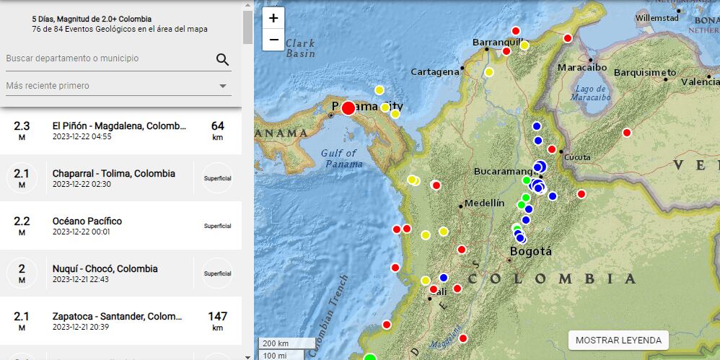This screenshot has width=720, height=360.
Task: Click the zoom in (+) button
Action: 273,18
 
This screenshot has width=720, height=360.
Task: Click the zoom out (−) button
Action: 273,40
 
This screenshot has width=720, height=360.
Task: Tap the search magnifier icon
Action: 222,59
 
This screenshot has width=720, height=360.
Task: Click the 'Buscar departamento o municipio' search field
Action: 108,58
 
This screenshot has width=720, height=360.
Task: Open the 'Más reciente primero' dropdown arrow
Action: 222,87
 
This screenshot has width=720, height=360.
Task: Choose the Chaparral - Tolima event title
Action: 113,173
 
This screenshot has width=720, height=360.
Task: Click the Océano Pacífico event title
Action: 87,221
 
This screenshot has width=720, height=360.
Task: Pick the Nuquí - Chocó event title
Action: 105,268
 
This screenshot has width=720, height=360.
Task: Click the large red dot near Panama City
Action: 348,108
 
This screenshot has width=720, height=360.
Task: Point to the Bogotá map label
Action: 530,252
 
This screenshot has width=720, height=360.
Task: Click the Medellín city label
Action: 484,203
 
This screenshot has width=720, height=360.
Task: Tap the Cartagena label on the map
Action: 434,71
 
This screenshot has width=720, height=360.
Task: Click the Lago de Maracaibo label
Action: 590,92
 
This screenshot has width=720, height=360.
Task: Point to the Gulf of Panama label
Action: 339,158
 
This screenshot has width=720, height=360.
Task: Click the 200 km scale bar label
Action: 276,343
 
